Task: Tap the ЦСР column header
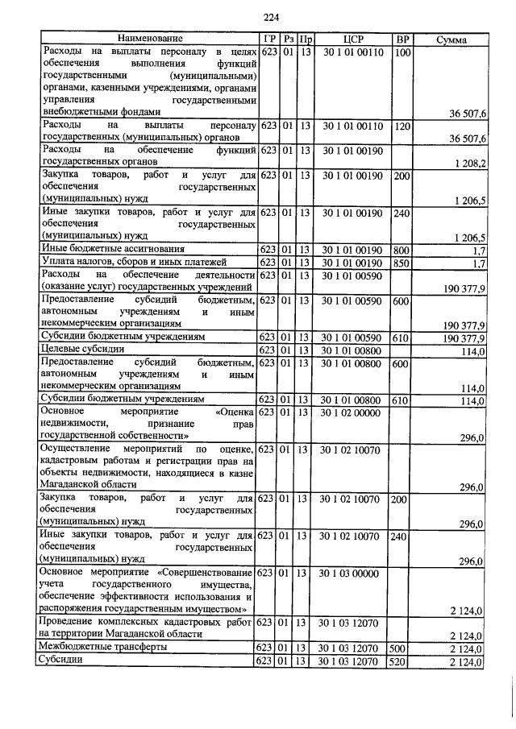click(353, 39)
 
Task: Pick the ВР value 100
click(403, 52)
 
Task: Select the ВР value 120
click(403, 126)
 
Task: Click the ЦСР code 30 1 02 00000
click(353, 412)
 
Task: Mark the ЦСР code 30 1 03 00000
click(353, 573)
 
